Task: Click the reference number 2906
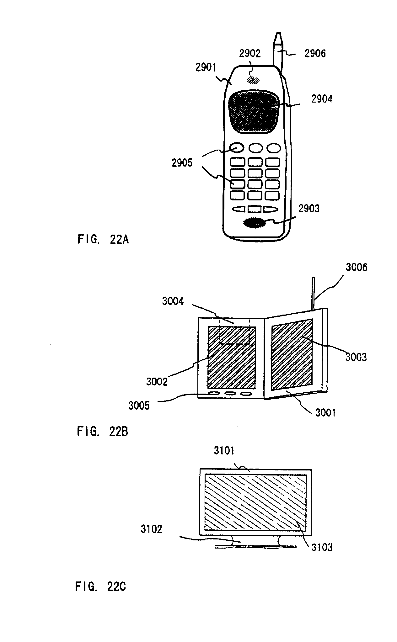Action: [x=315, y=54]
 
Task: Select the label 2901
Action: [x=206, y=67]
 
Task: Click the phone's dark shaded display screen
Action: [x=254, y=111]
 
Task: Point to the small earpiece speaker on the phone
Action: [x=253, y=79]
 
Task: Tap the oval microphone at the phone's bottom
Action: [x=254, y=223]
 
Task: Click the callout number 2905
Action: [x=182, y=163]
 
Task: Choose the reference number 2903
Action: [x=309, y=209]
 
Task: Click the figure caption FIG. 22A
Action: [x=103, y=240]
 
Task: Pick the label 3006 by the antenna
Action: [x=356, y=268]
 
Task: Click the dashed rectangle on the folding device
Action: [x=234, y=332]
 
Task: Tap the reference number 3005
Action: [x=139, y=406]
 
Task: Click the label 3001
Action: [x=325, y=413]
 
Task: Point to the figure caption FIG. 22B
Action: [x=102, y=432]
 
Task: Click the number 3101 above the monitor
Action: [x=224, y=451]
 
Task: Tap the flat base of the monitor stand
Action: [x=255, y=547]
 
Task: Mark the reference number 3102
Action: [x=151, y=529]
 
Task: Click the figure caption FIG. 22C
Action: [x=100, y=586]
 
